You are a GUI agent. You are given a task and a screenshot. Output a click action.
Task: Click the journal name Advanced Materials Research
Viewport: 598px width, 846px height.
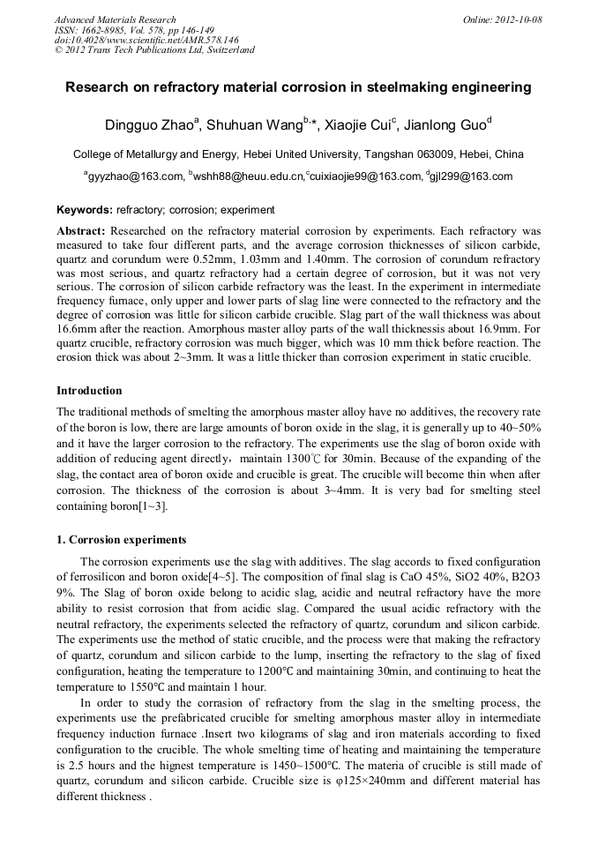pos(115,19)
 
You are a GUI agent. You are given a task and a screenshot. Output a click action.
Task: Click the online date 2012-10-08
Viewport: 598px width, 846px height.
pos(517,19)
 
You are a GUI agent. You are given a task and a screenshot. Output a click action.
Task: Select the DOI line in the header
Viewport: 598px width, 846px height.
pos(146,40)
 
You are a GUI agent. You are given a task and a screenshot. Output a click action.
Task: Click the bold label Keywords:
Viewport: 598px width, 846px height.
pos(85,210)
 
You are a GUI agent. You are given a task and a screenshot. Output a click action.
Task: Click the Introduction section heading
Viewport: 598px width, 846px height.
pos(89,390)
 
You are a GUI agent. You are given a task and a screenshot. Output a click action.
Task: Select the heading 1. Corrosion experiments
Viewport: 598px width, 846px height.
pos(122,539)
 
